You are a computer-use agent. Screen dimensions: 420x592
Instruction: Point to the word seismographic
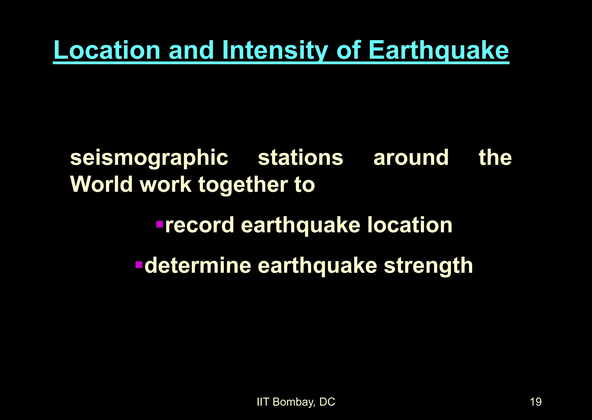coord(149,158)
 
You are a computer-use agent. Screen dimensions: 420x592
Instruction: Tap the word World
coord(101,184)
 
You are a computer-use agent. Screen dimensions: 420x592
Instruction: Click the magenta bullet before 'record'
coord(160,224)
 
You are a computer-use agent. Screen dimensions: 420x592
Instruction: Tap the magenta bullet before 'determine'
coord(139,264)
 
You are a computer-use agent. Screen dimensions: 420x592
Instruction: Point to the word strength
coord(428,266)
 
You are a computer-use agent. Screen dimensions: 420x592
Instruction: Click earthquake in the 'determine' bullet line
coord(317,266)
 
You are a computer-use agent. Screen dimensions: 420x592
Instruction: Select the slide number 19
coord(536,402)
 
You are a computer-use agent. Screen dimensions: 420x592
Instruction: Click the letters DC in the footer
coord(327,402)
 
